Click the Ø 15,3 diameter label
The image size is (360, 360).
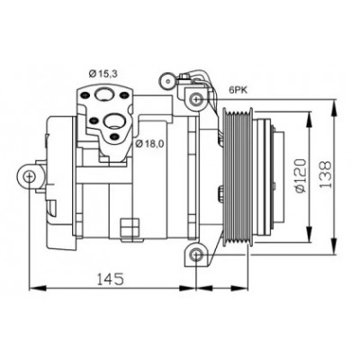tap(103, 73)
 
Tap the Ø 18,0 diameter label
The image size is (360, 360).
tap(149, 144)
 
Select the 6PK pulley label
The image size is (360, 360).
tap(238, 90)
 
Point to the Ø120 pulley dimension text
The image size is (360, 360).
tap(301, 175)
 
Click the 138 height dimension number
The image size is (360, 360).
tap(325, 175)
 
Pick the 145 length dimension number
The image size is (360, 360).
tap(110, 279)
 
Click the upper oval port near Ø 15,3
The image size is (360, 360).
tap(103, 94)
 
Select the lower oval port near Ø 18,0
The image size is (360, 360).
tap(112, 121)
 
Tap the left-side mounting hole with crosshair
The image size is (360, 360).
tap(30, 176)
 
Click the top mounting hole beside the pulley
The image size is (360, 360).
tap(195, 98)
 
